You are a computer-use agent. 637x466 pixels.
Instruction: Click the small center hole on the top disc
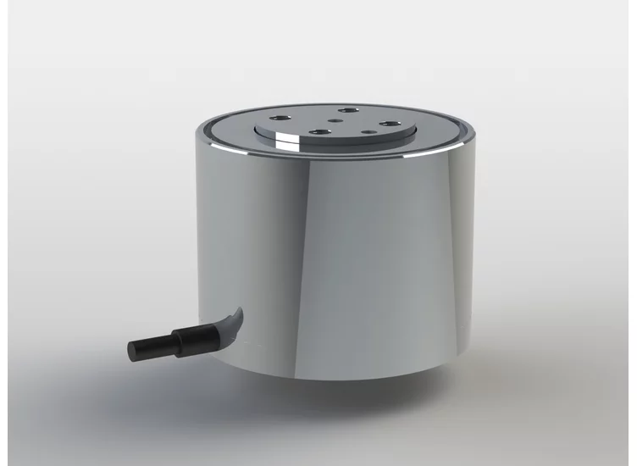tap(338, 120)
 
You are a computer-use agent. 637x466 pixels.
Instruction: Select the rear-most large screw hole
tap(346, 111)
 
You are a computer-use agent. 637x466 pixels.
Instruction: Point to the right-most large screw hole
tap(389, 125)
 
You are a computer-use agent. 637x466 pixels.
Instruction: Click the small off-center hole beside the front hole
tap(367, 131)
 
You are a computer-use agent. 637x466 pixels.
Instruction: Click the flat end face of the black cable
tap(132, 349)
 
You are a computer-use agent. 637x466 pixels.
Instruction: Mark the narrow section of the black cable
tap(152, 346)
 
